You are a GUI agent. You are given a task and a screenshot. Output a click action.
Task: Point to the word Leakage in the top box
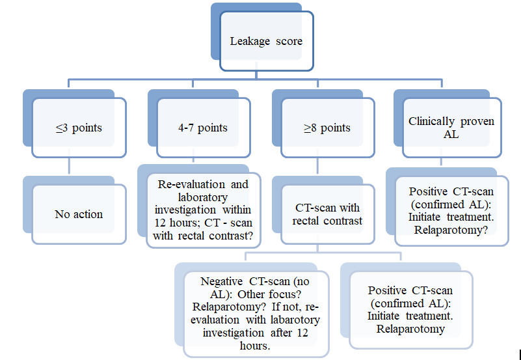click(x=250, y=41)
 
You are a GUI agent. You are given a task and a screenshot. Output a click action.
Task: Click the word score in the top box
click(x=289, y=42)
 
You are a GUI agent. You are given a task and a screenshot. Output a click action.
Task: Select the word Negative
click(x=222, y=282)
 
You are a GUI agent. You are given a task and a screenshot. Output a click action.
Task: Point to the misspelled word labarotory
click(x=295, y=320)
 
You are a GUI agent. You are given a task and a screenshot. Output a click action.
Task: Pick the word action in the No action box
click(x=88, y=214)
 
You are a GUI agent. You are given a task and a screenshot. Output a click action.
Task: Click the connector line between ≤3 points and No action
click(x=69, y=165)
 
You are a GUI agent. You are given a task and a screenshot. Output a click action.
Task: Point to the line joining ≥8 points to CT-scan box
click(x=317, y=165)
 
